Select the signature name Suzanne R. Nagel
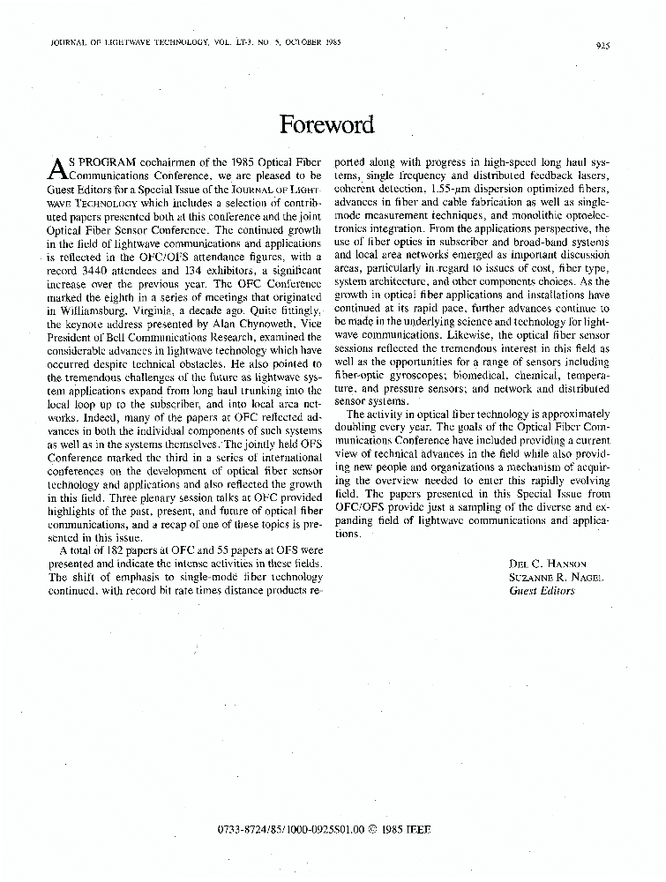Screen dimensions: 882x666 pyautogui.click(x=553, y=577)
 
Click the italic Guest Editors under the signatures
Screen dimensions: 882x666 pyautogui.click(x=542, y=590)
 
